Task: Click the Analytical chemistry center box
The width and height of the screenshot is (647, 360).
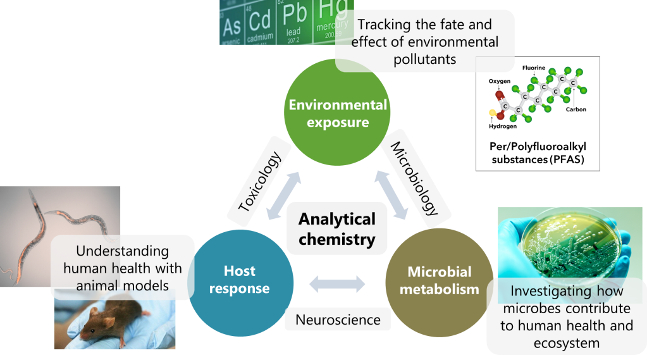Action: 336,228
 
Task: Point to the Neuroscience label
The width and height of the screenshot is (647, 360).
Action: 338,320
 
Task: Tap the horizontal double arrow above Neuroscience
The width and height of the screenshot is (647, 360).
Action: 337,284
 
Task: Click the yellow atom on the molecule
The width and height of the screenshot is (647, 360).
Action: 493,113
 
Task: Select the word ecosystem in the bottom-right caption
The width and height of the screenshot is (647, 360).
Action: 566,343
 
